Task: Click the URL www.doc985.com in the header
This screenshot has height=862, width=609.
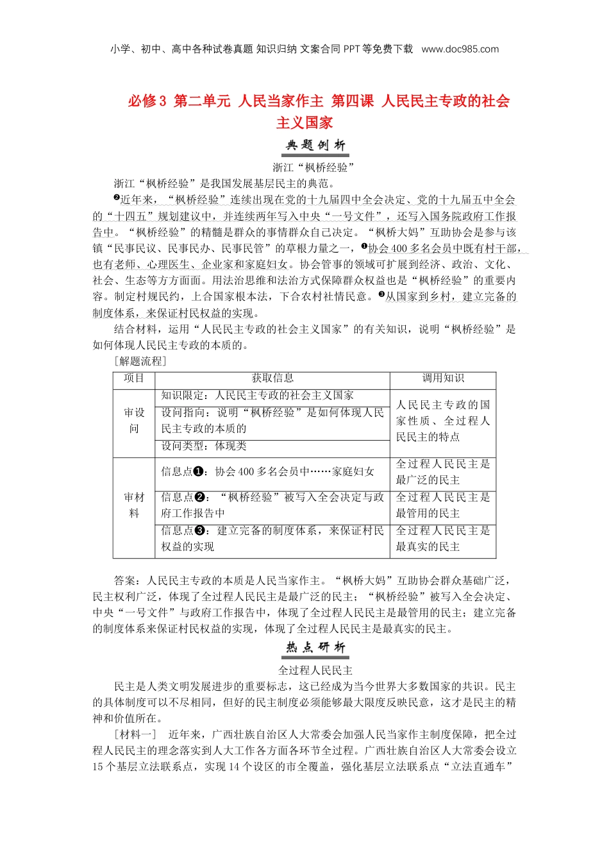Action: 460,49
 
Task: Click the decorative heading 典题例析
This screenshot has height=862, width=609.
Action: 316,146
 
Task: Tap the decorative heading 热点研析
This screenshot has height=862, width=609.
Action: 316,648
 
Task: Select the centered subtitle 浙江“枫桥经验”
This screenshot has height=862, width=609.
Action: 314,168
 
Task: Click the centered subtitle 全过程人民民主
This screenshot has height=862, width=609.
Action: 315,670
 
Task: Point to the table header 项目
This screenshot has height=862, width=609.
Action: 134,378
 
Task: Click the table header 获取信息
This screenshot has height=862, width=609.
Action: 272,378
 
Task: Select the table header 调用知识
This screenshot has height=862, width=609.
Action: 443,378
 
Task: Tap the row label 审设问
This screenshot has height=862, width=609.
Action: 134,421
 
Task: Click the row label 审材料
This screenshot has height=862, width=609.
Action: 134,505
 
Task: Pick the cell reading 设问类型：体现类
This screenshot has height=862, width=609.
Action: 204,446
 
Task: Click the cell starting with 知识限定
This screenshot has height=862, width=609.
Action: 257,396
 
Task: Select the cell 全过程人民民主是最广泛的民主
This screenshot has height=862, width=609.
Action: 443,472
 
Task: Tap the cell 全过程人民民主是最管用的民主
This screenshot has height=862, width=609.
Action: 443,505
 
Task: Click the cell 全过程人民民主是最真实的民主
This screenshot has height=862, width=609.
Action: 443,539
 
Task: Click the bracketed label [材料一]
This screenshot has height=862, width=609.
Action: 135,735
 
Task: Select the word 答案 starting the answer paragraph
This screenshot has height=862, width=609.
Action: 125,581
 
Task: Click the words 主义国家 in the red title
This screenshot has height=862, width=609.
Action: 304,123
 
